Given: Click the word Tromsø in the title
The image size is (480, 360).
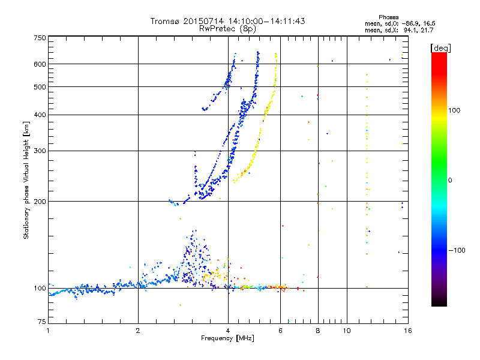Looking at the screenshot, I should [164, 21].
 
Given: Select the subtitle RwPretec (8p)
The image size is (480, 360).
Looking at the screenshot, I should [228, 28].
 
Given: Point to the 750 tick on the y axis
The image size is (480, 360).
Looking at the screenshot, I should [40, 38].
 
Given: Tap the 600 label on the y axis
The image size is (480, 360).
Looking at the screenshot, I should [40, 64].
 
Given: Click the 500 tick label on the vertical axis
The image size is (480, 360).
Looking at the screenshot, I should [40, 87].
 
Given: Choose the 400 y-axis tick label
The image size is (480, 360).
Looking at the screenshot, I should [40, 115].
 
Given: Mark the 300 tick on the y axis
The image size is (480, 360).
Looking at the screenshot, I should [40, 151].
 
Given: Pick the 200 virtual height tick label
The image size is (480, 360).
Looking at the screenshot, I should [40, 202].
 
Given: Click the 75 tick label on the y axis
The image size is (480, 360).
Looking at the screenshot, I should [41, 323].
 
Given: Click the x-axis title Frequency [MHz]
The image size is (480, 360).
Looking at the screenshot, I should [228, 339].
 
